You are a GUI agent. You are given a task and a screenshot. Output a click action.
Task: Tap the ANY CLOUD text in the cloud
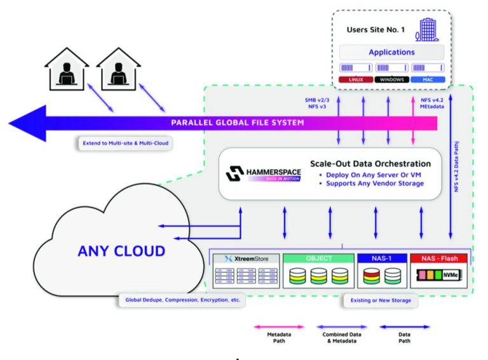pos(121,250)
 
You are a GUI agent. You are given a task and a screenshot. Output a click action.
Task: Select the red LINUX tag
pos(355,79)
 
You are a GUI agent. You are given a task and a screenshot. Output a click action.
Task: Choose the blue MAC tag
pos(427,79)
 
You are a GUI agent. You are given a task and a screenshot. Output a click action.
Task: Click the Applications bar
pos(391,52)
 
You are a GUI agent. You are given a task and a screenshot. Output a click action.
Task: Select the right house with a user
pos(118,69)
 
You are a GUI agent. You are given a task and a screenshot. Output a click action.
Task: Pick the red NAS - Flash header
pos(438,258)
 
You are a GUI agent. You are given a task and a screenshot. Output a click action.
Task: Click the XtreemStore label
pos(245,259)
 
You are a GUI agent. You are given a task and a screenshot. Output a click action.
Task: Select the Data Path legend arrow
pos(405,327)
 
